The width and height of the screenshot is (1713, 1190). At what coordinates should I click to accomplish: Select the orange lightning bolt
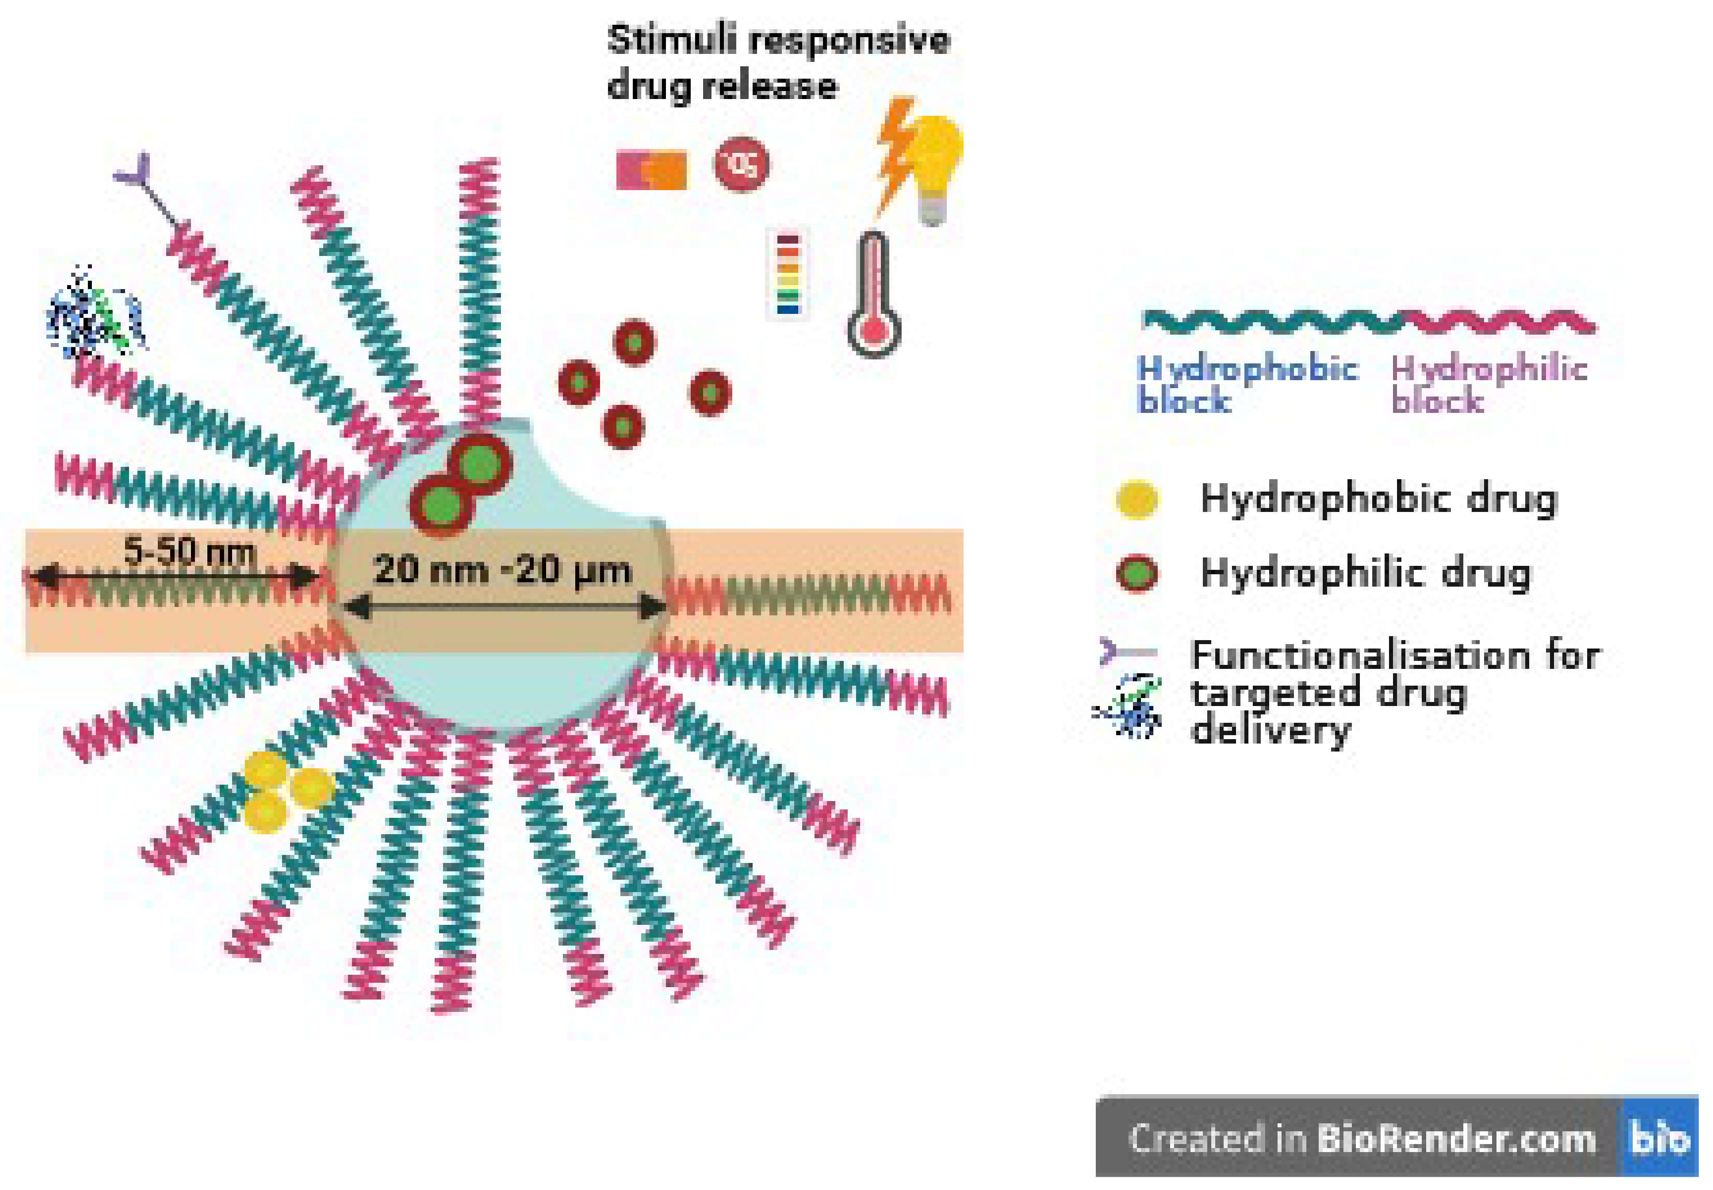coord(895,153)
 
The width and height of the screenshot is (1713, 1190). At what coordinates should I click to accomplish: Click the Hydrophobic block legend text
coord(1246,384)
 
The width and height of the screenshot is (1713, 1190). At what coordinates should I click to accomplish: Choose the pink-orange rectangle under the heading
coord(651,170)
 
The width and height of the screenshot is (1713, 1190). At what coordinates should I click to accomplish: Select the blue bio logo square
coord(1659,1138)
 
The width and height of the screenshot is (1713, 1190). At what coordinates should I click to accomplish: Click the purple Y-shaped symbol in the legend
coord(1126,653)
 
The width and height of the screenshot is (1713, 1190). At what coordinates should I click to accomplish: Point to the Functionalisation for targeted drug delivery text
coord(1395,692)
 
